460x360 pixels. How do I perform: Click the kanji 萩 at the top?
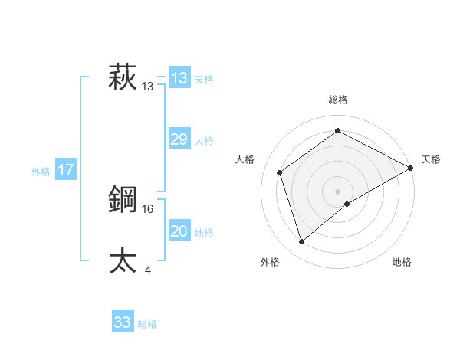tap(123, 77)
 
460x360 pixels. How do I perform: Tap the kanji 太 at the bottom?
tap(123, 260)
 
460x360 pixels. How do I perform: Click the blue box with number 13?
tap(179, 78)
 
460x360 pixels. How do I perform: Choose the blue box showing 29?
tap(179, 139)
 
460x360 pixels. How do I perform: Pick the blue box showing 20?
tap(179, 231)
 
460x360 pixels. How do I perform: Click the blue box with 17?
tap(66, 170)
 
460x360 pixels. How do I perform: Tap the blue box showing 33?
tap(123, 322)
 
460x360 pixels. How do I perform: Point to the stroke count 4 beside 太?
tap(147, 270)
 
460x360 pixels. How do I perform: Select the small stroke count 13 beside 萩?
tap(148, 87)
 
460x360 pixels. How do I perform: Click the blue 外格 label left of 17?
tap(41, 172)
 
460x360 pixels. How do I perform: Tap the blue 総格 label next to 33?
tap(147, 324)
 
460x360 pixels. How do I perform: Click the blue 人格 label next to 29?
tap(204, 141)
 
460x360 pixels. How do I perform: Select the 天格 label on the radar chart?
tap(431, 159)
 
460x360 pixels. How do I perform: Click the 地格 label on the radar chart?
tap(402, 262)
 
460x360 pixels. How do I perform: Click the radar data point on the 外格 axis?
tap(302, 242)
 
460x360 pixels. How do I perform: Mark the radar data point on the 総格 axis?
tap(337, 130)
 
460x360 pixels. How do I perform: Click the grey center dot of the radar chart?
tap(337, 191)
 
